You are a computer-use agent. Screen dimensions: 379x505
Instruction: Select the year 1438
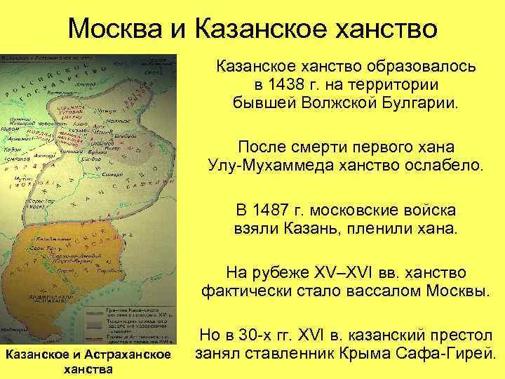pyautogui.click(x=282, y=86)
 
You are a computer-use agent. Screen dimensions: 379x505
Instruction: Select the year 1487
pyautogui.click(x=273, y=210)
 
